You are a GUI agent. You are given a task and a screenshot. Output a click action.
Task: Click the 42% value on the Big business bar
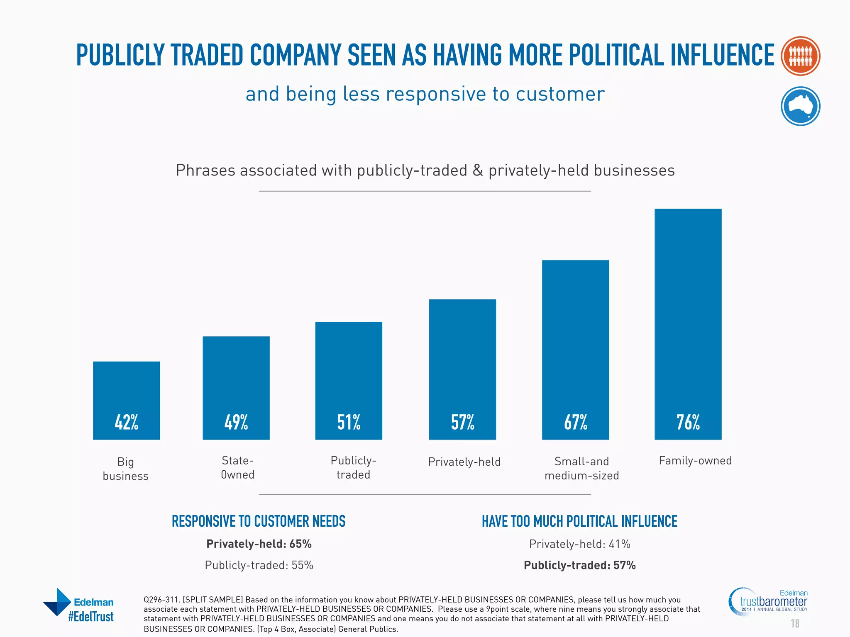coord(126,422)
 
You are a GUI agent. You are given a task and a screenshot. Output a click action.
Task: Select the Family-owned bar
coord(688,323)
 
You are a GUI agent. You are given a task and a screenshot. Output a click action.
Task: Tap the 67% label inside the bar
coord(575,422)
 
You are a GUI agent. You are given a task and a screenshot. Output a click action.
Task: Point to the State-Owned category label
coord(237,467)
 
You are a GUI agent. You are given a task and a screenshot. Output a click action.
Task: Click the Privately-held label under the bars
coord(464,462)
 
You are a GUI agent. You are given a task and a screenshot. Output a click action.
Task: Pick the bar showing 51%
coord(349,380)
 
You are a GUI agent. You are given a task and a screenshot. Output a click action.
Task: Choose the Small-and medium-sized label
coord(581,468)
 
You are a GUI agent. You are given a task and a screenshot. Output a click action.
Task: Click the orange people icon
coord(800,56)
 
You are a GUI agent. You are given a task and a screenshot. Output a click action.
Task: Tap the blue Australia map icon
coord(800,106)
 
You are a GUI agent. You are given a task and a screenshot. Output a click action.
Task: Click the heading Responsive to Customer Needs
coord(259,521)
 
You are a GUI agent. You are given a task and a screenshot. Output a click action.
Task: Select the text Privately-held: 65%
coord(259,544)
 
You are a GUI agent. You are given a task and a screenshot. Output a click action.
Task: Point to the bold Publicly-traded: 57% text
coord(579,565)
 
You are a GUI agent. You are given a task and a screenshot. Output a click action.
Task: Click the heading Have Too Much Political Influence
coord(579,521)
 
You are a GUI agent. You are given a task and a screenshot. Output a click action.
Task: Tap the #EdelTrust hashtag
coord(91,617)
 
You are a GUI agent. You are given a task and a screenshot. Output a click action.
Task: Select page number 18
coord(795,623)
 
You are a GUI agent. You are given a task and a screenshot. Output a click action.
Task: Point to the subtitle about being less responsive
coord(425,94)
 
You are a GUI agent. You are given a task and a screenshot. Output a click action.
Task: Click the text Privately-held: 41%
coord(579,544)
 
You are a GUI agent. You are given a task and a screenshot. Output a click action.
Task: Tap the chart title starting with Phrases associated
coord(425,170)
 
